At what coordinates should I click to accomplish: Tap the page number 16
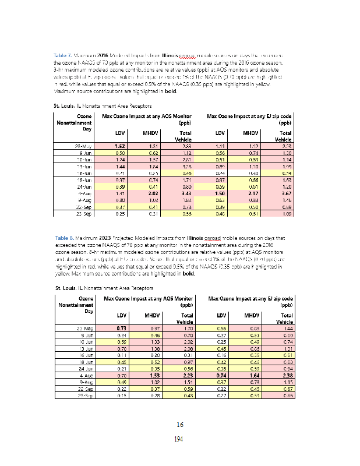[180, 424]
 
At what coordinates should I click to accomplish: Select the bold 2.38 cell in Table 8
[284, 376]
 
